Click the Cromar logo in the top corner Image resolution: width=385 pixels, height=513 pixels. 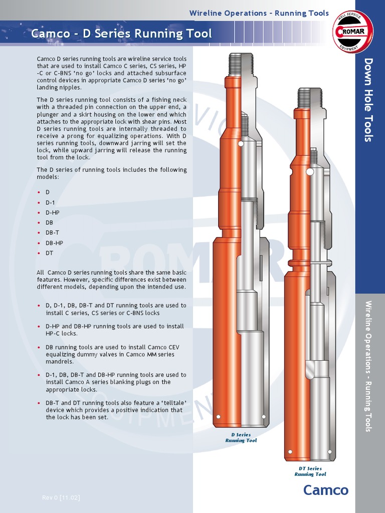[353, 32]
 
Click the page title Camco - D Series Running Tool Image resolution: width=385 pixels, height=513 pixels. [121, 34]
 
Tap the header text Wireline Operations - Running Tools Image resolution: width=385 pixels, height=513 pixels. [259, 13]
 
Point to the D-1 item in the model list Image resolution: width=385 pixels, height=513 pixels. [51, 202]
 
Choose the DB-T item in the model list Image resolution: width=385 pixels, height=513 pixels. [53, 233]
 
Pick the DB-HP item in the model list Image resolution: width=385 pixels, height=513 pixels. [54, 243]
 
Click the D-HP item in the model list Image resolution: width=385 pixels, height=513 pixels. [53, 212]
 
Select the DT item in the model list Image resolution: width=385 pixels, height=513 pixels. [49, 253]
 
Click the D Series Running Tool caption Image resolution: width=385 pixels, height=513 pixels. [241, 438]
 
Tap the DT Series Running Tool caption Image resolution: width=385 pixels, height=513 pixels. [310, 471]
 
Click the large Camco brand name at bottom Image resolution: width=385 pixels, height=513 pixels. [325, 490]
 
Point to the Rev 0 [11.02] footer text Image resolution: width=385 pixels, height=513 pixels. [61, 497]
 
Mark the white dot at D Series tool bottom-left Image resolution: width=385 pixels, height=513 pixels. [218, 417]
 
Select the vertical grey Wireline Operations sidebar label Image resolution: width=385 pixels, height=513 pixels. [369, 366]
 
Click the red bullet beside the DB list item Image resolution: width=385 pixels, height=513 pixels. [39, 223]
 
